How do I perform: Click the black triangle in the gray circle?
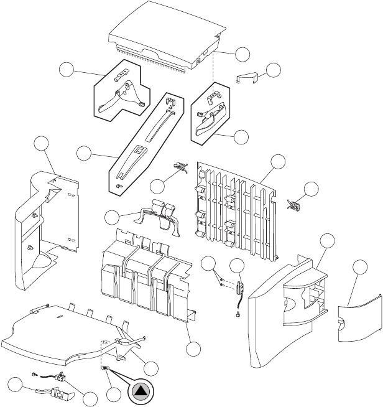point(141,392)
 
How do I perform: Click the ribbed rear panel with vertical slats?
point(236,209)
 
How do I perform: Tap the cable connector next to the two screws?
point(239,289)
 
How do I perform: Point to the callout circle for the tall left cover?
point(43,144)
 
